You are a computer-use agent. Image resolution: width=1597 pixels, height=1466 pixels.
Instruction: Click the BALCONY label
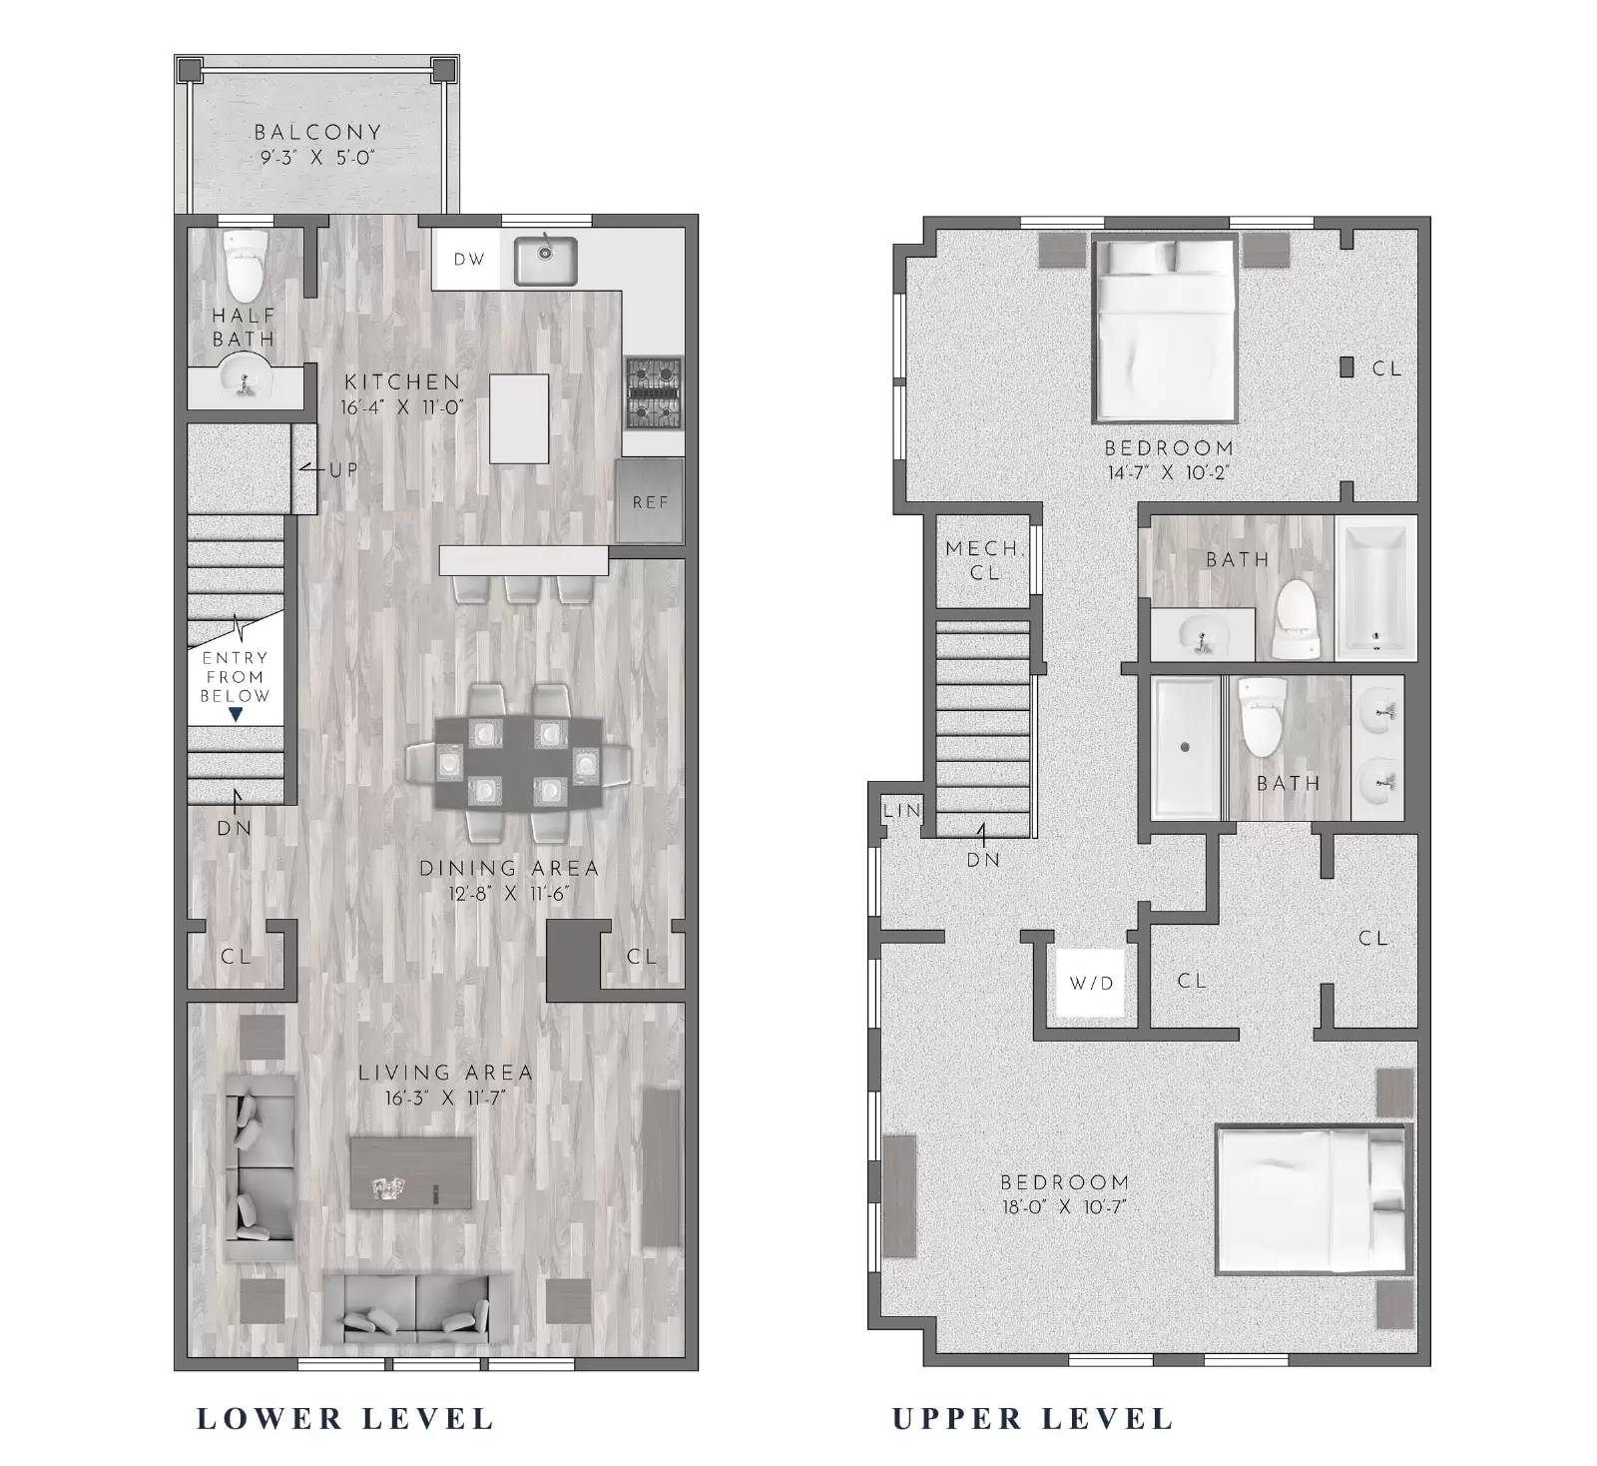pyautogui.click(x=317, y=132)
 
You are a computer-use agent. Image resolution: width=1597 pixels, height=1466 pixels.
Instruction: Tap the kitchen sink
pyautogui.click(x=545, y=260)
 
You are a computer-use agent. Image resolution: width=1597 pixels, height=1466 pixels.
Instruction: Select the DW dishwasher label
pyautogui.click(x=469, y=260)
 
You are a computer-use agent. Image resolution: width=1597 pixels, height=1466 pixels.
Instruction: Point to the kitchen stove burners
pyautogui.click(x=653, y=392)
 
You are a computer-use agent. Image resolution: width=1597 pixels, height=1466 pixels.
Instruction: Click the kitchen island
pyautogui.click(x=519, y=418)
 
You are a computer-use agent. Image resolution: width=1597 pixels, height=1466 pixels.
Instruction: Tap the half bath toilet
pyautogui.click(x=245, y=265)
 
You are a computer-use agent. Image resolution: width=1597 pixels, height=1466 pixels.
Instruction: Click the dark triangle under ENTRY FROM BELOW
pyautogui.click(x=236, y=714)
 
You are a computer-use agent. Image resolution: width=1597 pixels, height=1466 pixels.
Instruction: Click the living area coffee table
pyautogui.click(x=411, y=1172)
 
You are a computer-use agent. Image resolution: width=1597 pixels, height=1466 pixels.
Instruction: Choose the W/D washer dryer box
pyautogui.click(x=1091, y=983)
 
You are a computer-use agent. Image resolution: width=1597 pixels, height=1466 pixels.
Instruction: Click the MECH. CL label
pyautogui.click(x=984, y=560)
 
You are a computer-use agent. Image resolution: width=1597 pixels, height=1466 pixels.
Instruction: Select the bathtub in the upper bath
pyautogui.click(x=1375, y=588)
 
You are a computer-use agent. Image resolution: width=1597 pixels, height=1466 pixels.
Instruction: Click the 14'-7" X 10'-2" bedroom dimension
pyautogui.click(x=1169, y=472)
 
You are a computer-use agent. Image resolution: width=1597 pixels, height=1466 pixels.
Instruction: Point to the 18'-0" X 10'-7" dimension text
pyautogui.click(x=1063, y=1206)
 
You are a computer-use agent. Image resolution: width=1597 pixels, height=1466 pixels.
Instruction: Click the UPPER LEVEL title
pyautogui.click(x=1033, y=1418)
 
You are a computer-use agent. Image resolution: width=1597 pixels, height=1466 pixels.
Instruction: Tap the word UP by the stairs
pyautogui.click(x=342, y=469)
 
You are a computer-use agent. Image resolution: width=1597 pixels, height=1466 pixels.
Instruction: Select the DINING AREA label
pyautogui.click(x=509, y=868)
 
